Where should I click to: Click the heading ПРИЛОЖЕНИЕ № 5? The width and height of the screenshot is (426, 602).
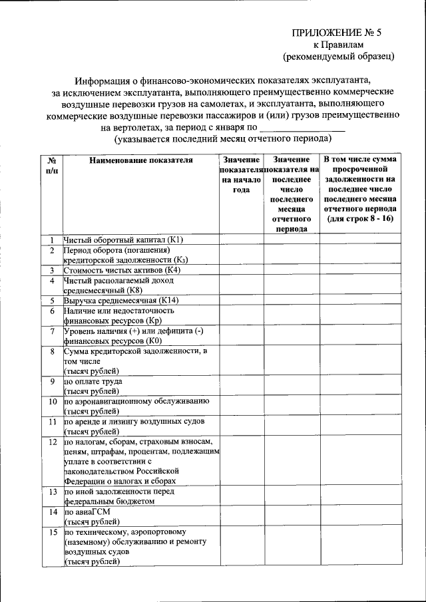[338, 33]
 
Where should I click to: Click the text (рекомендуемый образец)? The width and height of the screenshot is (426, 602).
[338, 56]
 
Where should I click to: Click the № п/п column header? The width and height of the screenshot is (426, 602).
[52, 165]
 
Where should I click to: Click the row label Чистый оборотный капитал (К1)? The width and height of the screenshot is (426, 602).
[123, 239]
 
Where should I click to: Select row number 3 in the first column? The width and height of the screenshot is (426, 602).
[52, 270]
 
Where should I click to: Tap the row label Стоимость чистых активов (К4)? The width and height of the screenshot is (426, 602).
[122, 270]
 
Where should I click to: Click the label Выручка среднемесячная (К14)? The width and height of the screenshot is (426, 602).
[121, 301]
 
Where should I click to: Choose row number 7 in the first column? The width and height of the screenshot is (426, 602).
[52, 331]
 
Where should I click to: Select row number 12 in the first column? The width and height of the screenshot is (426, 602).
[52, 442]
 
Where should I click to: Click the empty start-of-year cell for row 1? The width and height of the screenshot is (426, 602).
[241, 239]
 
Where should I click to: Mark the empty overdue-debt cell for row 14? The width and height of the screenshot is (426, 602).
[361, 517]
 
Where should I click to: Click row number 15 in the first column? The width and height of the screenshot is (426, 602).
[52, 532]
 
